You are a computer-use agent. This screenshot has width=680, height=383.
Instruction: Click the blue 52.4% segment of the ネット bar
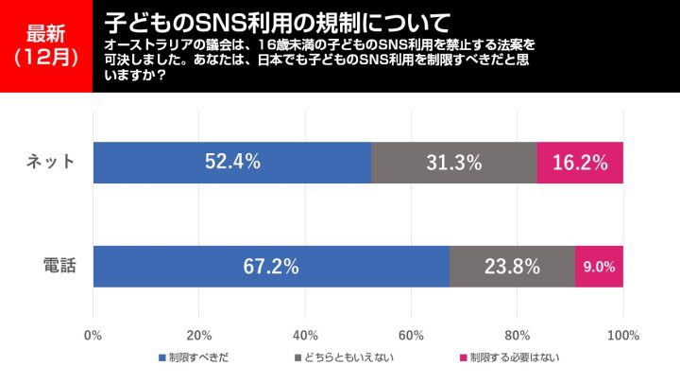pos(231,162)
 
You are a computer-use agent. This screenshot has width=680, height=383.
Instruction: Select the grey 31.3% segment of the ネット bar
pos(453,162)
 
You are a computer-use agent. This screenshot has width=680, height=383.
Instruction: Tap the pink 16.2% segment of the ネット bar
pos(580,162)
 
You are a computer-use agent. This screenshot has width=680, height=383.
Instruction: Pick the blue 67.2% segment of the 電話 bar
pos(271,266)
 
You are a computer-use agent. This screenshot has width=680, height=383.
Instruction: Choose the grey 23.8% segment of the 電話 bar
pos(512,266)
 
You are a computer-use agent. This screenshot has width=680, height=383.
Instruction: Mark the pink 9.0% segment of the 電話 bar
pos(599,266)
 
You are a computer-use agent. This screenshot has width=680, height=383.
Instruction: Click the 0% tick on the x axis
pos(93,335)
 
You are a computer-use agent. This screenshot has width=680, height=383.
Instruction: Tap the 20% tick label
pos(198,335)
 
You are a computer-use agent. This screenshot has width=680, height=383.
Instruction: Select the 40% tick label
pos(305,335)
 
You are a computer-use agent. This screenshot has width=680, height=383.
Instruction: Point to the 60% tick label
pos(411,335)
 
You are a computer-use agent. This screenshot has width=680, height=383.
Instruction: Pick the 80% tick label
pos(517,335)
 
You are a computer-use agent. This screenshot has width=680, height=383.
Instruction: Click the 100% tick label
pos(623,335)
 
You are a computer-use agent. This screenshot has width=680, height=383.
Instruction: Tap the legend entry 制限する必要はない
pos(508,358)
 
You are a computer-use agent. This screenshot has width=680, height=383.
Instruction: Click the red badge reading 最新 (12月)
pos(45,45)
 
